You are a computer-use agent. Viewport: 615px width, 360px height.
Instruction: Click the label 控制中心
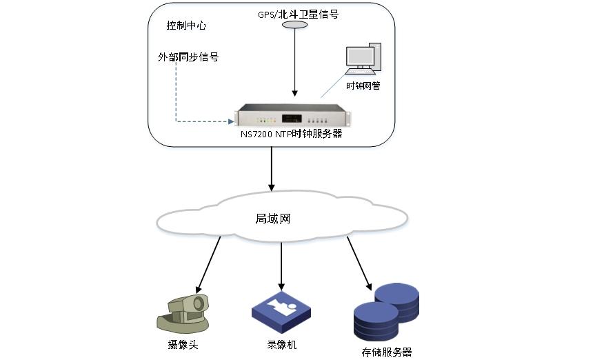[x=186, y=26]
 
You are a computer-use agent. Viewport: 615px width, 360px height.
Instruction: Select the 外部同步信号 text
[x=188, y=57]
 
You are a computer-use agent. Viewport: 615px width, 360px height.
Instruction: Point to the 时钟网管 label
[x=363, y=86]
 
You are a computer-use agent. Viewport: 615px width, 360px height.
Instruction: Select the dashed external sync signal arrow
[x=177, y=97]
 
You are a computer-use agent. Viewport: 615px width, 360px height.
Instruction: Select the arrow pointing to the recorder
[x=281, y=265]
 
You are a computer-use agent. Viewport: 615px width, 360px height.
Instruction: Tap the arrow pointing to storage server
[x=359, y=263]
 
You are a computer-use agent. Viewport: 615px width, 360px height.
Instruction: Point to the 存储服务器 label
[x=386, y=352]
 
